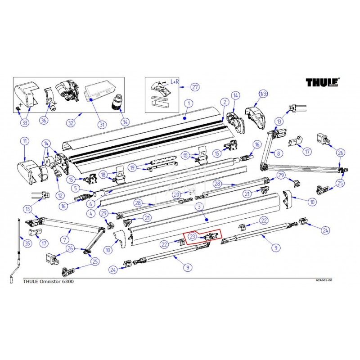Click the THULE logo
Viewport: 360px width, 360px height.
tap(323, 82)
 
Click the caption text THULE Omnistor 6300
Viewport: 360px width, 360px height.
tap(49, 281)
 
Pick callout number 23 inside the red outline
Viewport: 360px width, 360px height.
tap(192, 236)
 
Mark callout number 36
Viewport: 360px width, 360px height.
tap(44, 120)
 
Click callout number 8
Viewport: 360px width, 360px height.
tap(279, 153)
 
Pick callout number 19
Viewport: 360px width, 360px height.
tap(132, 167)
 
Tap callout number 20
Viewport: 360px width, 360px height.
tap(177, 194)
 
